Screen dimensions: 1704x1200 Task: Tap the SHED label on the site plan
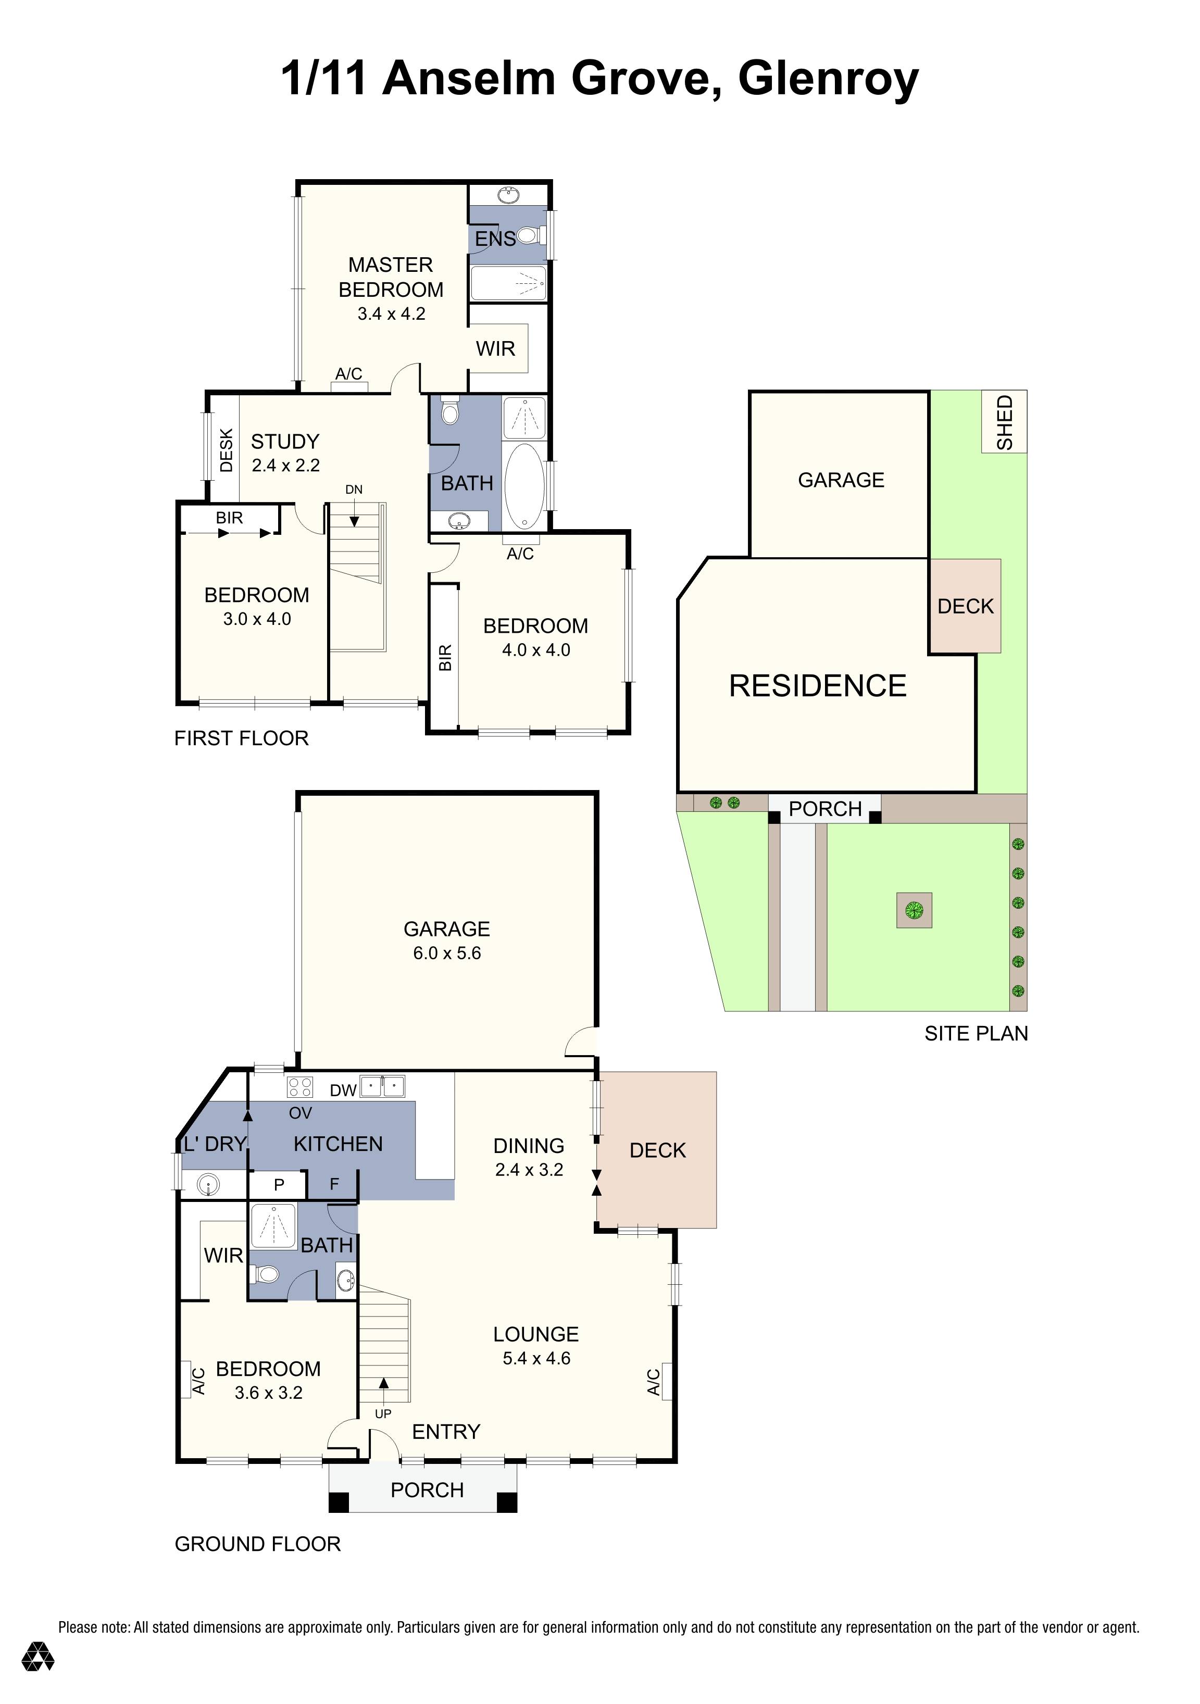point(1004,421)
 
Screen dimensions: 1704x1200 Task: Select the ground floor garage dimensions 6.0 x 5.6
point(447,953)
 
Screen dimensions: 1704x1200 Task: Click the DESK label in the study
point(227,450)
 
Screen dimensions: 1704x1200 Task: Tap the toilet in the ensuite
point(527,235)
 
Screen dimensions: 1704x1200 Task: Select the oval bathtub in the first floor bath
point(524,485)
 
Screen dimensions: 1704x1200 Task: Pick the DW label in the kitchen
point(343,1090)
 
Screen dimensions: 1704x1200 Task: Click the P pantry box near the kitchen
point(279,1184)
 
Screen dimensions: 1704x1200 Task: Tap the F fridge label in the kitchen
point(334,1184)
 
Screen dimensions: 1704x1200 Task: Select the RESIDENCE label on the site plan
point(817,686)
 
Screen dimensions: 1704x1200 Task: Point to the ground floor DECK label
point(657,1150)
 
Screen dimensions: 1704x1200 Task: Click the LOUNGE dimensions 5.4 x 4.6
point(536,1358)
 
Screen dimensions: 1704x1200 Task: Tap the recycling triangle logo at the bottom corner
point(37,1677)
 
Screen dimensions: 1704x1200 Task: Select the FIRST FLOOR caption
point(241,738)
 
